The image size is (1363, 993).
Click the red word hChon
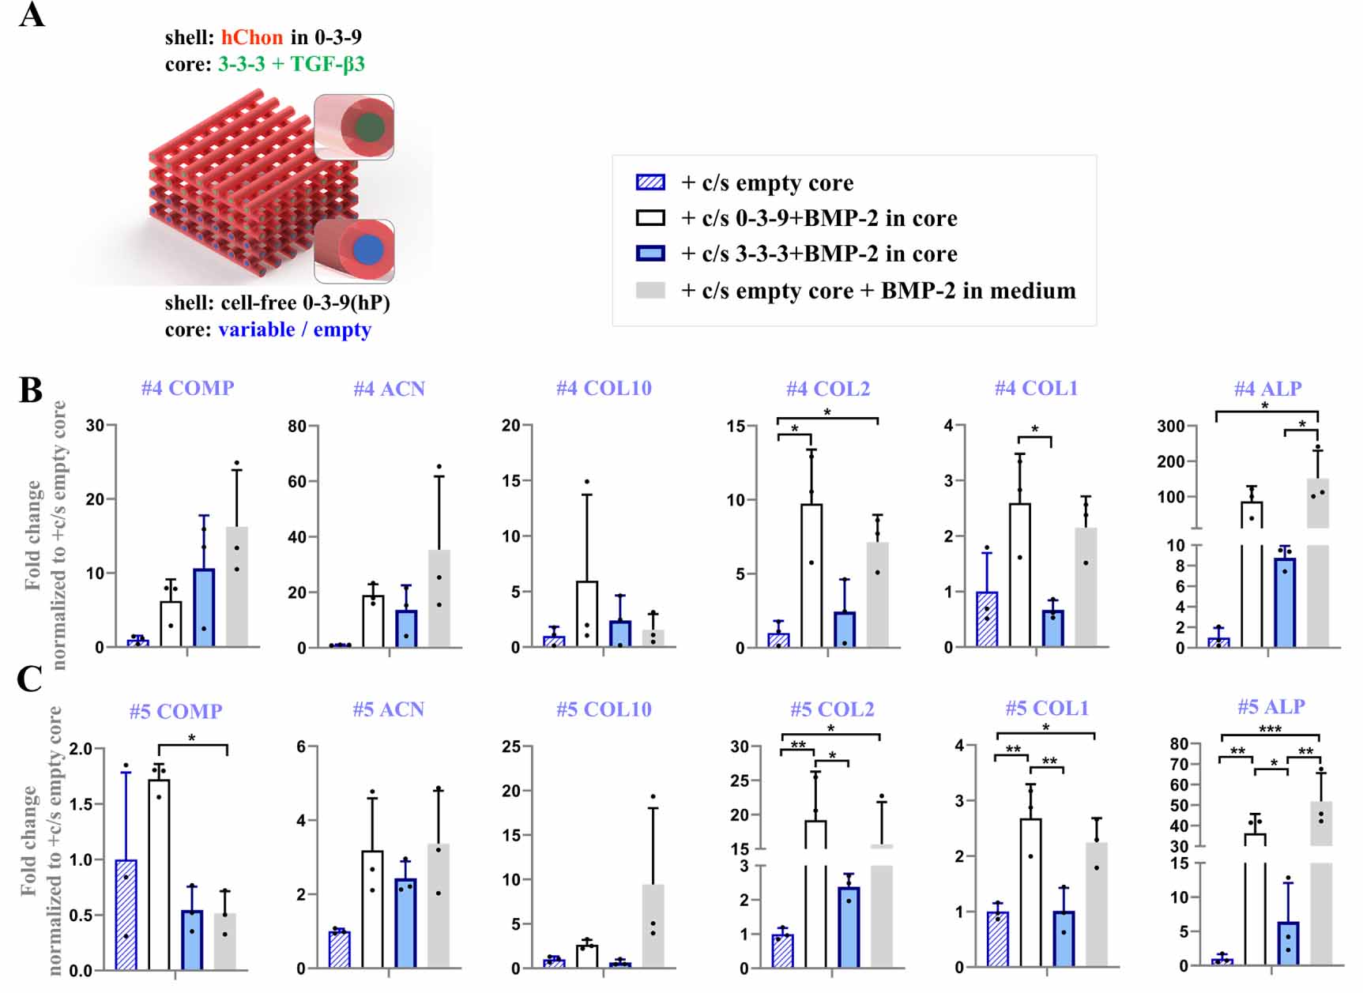251,37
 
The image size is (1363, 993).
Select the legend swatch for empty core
650,182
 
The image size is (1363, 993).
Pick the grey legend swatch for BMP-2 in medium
650,291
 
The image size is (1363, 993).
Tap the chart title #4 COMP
187,388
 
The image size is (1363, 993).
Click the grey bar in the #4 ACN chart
439,598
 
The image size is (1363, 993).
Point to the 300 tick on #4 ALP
1170,427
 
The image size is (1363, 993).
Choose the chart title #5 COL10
604,709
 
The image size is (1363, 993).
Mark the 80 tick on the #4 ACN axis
297,427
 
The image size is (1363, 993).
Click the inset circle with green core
369,127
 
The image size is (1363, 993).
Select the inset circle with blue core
367,250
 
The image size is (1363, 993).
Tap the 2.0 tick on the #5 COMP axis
81,749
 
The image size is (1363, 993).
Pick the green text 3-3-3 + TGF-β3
291,64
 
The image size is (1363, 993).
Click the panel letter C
30,679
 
